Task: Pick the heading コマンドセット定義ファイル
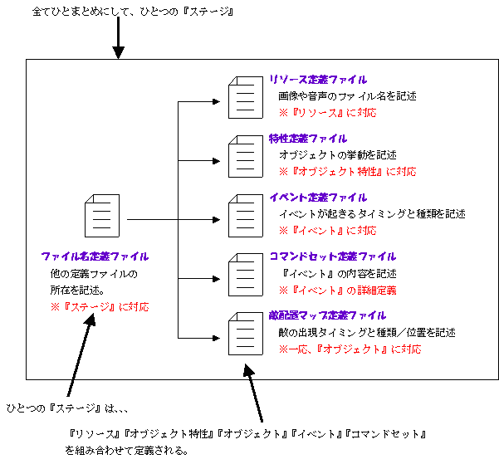332,256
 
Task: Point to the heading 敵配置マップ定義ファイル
327,315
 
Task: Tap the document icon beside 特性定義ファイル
241,154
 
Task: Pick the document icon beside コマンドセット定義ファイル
241,272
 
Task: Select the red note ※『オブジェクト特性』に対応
347,172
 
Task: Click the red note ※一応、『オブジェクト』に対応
350,349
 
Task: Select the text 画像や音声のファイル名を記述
347,96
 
